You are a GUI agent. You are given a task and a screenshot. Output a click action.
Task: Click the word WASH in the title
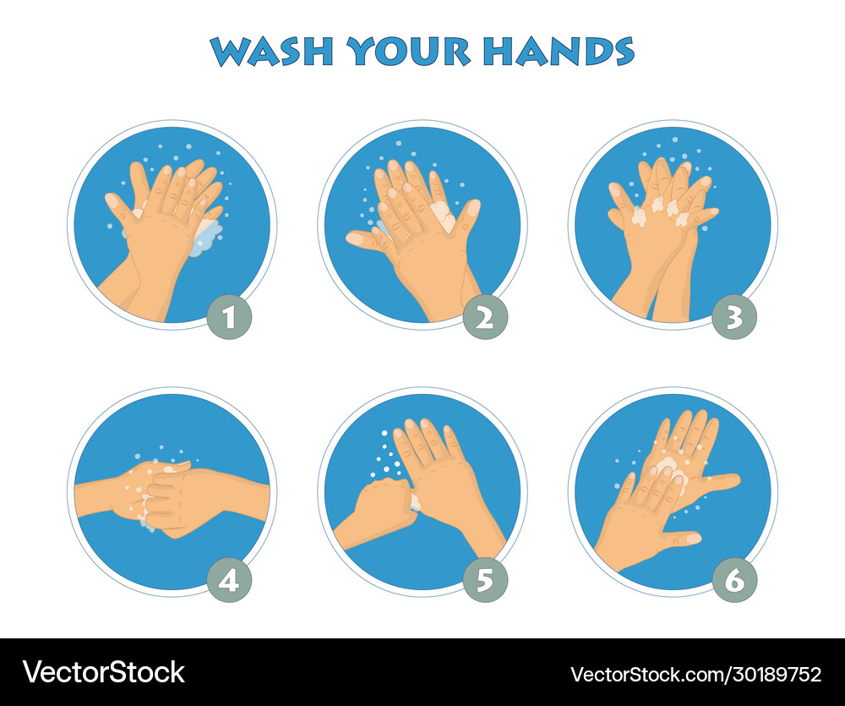click(x=271, y=52)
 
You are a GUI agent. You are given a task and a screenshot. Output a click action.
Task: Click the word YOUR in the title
click(x=408, y=52)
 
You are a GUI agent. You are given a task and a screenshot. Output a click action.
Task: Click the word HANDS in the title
click(x=559, y=52)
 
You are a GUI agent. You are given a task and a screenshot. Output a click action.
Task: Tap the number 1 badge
click(x=230, y=317)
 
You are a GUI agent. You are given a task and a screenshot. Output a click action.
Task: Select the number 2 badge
click(x=485, y=317)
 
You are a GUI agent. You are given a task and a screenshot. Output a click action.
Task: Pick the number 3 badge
click(x=734, y=317)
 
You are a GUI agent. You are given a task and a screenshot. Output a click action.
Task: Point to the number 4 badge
click(x=230, y=580)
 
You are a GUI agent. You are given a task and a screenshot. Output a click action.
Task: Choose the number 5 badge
click(x=485, y=580)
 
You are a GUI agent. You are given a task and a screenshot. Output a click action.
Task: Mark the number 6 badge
click(x=734, y=580)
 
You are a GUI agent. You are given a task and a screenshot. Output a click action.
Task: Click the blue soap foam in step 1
click(x=206, y=238)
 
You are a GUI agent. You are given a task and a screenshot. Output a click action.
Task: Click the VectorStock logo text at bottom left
click(x=103, y=672)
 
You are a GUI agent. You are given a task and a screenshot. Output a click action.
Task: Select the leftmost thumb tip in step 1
click(x=112, y=200)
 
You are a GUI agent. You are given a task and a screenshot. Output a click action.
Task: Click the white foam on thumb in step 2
click(x=441, y=212)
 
